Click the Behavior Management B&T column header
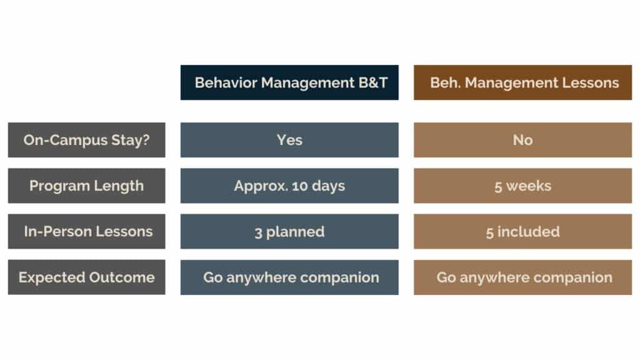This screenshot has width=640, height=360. point(289,82)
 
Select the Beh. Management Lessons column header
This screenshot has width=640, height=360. point(523,82)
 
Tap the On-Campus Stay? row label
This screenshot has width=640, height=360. point(86,140)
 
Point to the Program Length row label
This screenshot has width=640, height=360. point(86,186)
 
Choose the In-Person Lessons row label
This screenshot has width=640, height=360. point(86,231)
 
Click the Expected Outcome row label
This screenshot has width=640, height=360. point(86,277)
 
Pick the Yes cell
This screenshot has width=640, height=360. point(289,140)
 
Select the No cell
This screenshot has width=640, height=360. point(523,140)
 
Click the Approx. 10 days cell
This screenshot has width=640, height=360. point(289,186)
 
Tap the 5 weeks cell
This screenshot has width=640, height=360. point(523,186)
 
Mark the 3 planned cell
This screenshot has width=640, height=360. point(289,231)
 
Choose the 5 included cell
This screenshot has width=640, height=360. point(523,231)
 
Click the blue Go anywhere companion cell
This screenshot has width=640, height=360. point(289,277)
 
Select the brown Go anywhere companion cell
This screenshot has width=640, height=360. point(523,277)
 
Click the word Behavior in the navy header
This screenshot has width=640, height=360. point(226,83)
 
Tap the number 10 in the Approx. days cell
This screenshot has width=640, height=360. point(299,186)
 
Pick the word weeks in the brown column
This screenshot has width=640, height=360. point(529,186)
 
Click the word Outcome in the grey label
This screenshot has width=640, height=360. point(122,277)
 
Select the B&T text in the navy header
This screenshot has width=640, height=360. point(372,83)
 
